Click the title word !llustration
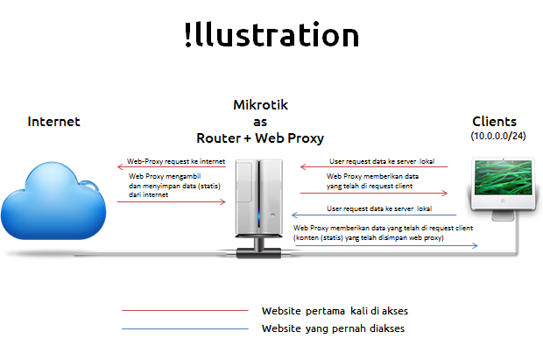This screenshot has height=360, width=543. pos(271,35)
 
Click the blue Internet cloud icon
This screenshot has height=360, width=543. pos(53,201)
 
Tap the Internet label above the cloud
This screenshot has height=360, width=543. pos(53,122)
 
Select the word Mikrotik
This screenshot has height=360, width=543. pos(260,104)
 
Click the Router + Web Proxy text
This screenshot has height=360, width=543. pos(260,138)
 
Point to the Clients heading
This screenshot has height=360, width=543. pos(494,122)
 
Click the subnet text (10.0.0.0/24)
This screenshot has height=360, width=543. pos(498,136)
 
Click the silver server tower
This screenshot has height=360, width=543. pos(259,197)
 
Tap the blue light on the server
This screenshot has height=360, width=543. pos(258,217)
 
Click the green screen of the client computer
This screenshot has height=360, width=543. pos(503,178)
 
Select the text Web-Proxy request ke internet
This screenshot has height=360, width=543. pos(176,161)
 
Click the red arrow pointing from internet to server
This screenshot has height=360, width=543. pos(172,201)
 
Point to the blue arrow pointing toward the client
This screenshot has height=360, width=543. pos(386,245)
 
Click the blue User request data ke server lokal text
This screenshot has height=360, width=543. pos(379,208)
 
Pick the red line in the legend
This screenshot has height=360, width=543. pos(185,310)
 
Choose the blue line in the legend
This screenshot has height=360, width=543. pos(185,328)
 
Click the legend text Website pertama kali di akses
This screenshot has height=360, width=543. pos(335,311)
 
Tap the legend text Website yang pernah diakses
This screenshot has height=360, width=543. pos(333,328)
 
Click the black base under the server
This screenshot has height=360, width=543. pos(258,253)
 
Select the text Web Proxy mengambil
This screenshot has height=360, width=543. pos(165,176)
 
